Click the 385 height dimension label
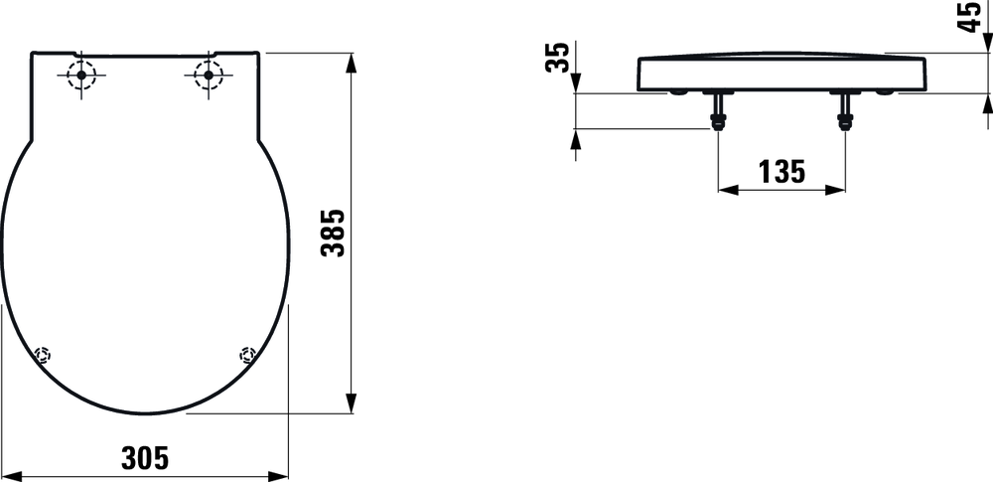[x=332, y=233]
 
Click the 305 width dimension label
[x=145, y=458]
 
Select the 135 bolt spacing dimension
[x=781, y=171]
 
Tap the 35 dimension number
[x=557, y=57]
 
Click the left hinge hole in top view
[x=81, y=76]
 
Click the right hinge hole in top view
[x=209, y=76]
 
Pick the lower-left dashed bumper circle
[x=43, y=354]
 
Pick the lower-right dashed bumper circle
[x=247, y=354]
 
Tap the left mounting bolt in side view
[x=718, y=111]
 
